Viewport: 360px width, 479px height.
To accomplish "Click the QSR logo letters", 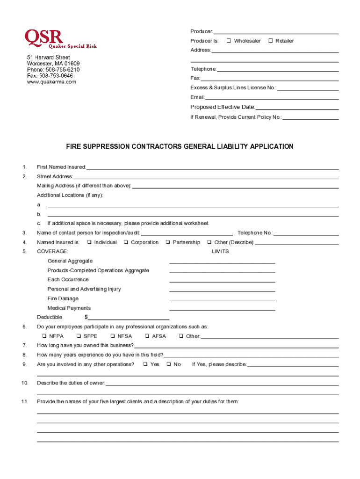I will click(x=43, y=36).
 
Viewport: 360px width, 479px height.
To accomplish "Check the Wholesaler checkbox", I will click(x=229, y=41).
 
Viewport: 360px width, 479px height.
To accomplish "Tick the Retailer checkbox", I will click(x=270, y=41).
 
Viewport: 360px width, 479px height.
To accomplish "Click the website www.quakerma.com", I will click(x=51, y=81).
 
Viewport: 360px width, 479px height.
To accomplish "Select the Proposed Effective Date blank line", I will click(x=297, y=108).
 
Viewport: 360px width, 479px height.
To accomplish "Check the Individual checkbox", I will click(x=88, y=242).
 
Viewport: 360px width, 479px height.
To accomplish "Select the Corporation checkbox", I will click(x=126, y=242).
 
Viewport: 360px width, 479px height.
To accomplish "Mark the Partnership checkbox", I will click(x=167, y=242).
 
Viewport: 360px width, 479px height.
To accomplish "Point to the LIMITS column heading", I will click(x=220, y=252).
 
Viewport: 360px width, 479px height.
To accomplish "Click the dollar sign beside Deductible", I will click(x=86, y=317).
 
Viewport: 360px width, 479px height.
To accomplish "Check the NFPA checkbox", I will click(x=43, y=336).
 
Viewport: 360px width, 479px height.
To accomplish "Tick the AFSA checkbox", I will click(x=147, y=336).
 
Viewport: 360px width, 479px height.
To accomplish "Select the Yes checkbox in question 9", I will click(x=145, y=364).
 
